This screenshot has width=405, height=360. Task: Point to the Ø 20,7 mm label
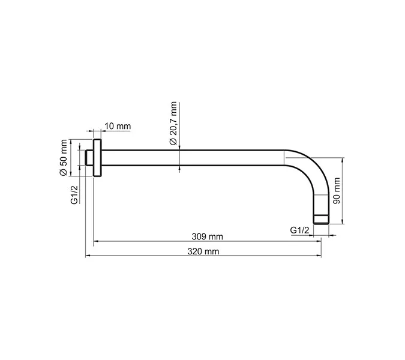(173, 123)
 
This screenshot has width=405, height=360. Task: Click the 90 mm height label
(337, 191)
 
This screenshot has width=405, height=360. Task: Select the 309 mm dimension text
(205, 236)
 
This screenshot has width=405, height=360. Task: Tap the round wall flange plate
(97, 158)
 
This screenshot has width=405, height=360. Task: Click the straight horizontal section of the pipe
(192, 158)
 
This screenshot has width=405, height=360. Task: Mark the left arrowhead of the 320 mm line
(89, 257)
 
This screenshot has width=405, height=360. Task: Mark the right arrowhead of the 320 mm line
(320, 257)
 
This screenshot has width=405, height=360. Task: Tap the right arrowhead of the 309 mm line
(320, 242)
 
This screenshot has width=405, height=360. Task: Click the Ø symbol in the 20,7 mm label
(173, 142)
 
